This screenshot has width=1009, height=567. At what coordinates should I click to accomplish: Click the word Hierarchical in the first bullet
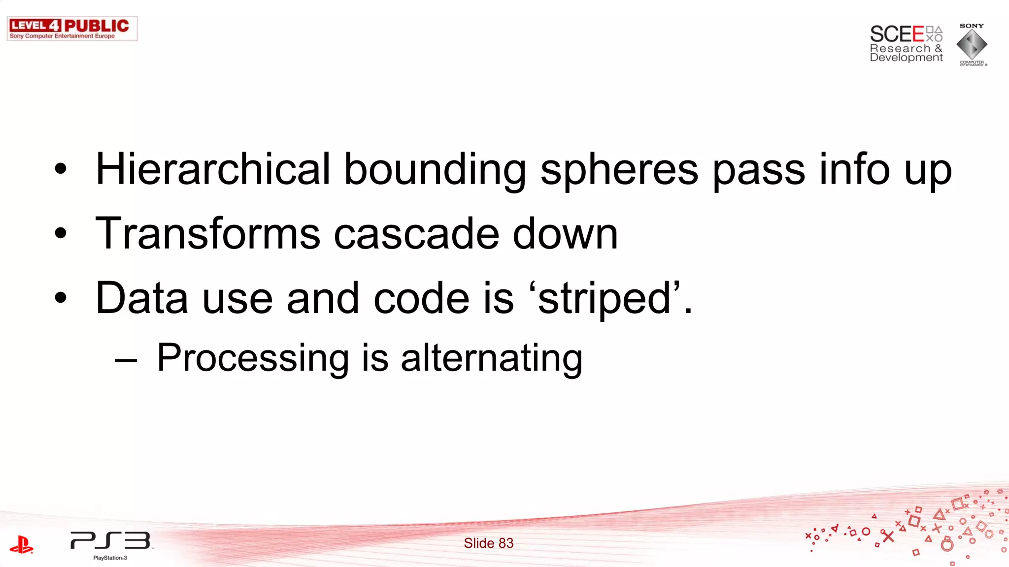point(212,169)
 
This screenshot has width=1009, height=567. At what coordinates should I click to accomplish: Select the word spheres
point(619,170)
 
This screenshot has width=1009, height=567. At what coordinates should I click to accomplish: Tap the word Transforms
point(207,234)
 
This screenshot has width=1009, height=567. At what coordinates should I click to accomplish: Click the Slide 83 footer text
point(488,543)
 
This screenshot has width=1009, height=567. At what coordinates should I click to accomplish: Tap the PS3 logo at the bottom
point(110,541)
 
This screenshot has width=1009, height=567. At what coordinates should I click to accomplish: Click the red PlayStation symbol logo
point(22,545)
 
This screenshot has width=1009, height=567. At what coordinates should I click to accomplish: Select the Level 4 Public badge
point(72,29)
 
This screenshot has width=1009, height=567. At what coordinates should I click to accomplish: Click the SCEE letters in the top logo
point(897,34)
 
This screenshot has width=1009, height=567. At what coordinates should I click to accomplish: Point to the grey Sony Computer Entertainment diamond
point(972,44)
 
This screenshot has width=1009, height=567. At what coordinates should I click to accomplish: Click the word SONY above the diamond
point(972,26)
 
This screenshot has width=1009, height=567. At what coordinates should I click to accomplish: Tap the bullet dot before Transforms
point(61,233)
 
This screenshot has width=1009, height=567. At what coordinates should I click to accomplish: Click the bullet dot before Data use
point(61,298)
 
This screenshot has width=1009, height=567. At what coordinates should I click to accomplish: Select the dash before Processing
point(126,361)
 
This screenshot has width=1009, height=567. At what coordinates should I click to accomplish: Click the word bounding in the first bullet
point(435,170)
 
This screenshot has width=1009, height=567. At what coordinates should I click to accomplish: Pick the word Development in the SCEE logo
point(906,58)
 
